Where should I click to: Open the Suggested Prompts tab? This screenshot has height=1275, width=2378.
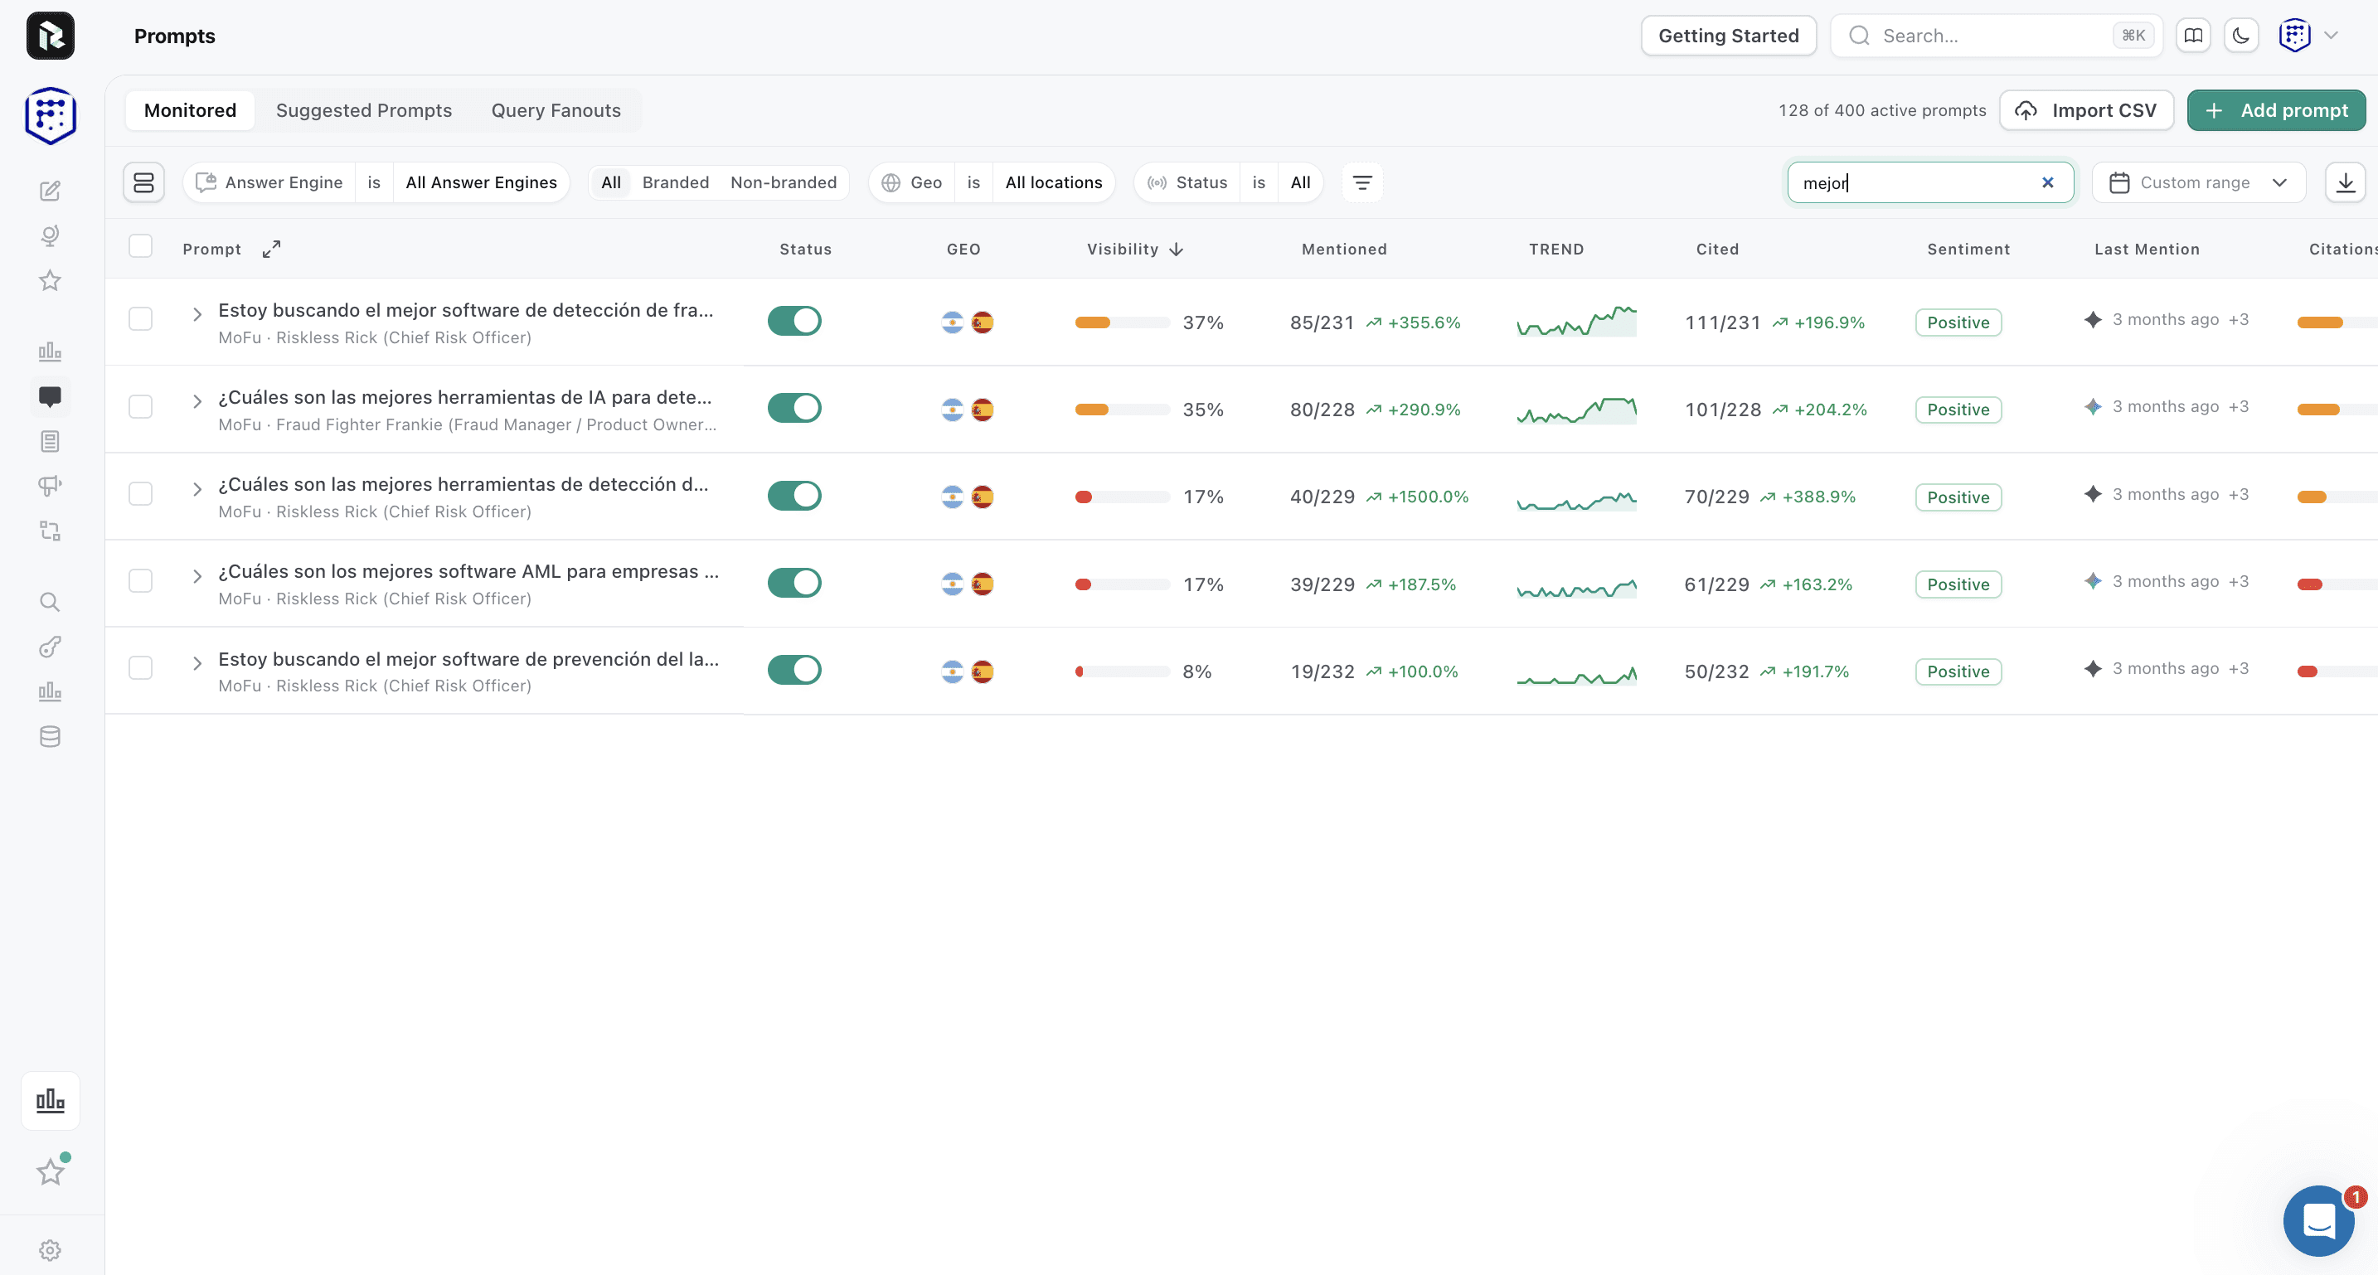[x=364, y=111]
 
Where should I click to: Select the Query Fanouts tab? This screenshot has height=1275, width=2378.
[x=556, y=111]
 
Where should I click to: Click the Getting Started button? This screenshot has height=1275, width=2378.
[x=1728, y=36]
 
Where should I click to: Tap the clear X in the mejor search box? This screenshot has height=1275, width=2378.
[x=2047, y=183]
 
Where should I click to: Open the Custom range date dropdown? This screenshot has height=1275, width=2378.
[x=2199, y=183]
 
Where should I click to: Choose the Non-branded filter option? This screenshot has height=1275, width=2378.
[x=784, y=183]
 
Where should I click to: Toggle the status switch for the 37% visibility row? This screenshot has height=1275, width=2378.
[x=793, y=322]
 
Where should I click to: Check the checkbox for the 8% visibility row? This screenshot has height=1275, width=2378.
[x=140, y=667]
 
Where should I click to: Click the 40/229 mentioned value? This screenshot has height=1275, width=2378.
[x=1322, y=497]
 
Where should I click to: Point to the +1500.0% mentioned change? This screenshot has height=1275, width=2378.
[x=1427, y=497]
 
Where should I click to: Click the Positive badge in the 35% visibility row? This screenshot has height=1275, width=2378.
[x=1958, y=409]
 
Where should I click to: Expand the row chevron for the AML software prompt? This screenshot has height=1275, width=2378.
[x=197, y=576]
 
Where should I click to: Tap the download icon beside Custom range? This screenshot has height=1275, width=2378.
[x=2346, y=183]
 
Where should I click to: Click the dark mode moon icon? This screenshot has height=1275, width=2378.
[x=2240, y=36]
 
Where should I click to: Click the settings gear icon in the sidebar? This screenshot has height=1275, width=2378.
[x=50, y=1250]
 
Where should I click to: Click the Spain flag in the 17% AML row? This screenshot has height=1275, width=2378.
[x=983, y=584]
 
